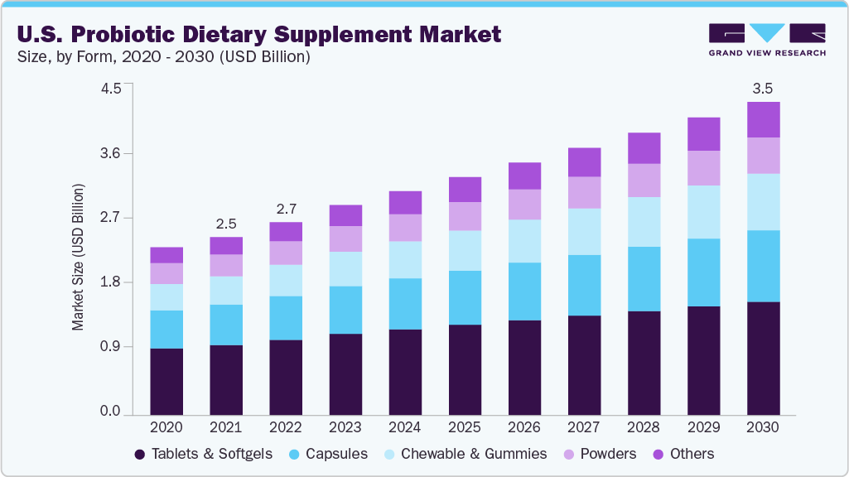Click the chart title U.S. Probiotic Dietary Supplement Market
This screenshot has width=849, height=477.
tap(259, 34)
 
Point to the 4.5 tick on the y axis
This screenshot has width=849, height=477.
tap(110, 89)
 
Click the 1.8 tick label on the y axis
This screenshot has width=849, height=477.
tap(110, 282)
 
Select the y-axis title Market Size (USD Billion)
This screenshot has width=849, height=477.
tap(78, 257)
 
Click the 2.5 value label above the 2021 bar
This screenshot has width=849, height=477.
tap(226, 224)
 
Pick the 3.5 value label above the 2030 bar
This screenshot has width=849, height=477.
tap(763, 88)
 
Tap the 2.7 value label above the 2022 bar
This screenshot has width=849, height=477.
tap(286, 209)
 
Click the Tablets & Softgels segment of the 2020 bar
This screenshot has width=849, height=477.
tap(166, 381)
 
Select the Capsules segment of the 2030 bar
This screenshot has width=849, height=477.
tap(763, 266)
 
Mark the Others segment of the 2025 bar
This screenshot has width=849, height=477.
tap(465, 190)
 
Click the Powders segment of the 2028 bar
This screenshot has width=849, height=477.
tap(644, 180)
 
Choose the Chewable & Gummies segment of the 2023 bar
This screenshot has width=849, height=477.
tap(345, 268)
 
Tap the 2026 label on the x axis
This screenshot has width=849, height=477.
tap(524, 428)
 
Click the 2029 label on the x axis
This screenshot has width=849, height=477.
tap(703, 428)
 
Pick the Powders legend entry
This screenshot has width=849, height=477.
tap(600, 454)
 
